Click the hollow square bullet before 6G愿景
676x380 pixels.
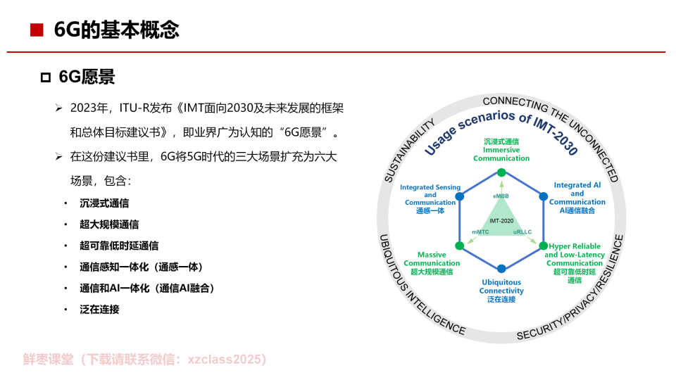[x=46, y=77]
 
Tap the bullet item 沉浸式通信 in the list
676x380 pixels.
[x=104, y=203]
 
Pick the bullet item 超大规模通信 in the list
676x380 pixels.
[x=109, y=224]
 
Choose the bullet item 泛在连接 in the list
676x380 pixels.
[x=99, y=309]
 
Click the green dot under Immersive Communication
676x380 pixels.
[x=501, y=172]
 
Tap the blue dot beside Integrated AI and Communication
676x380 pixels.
[x=542, y=196]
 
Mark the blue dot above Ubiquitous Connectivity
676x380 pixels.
[x=501, y=269]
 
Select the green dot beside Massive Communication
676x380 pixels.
[x=459, y=246]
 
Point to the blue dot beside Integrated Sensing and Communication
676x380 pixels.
[x=460, y=196]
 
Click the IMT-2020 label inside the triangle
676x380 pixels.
[x=501, y=221]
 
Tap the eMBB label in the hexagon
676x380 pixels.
[x=501, y=195]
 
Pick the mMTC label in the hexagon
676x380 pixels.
[x=481, y=232]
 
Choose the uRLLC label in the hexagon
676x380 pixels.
[x=522, y=232]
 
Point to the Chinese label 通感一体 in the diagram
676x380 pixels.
[x=430, y=210]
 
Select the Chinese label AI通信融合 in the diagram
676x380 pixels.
[x=577, y=210]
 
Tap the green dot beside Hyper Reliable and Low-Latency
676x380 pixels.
[x=543, y=245]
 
